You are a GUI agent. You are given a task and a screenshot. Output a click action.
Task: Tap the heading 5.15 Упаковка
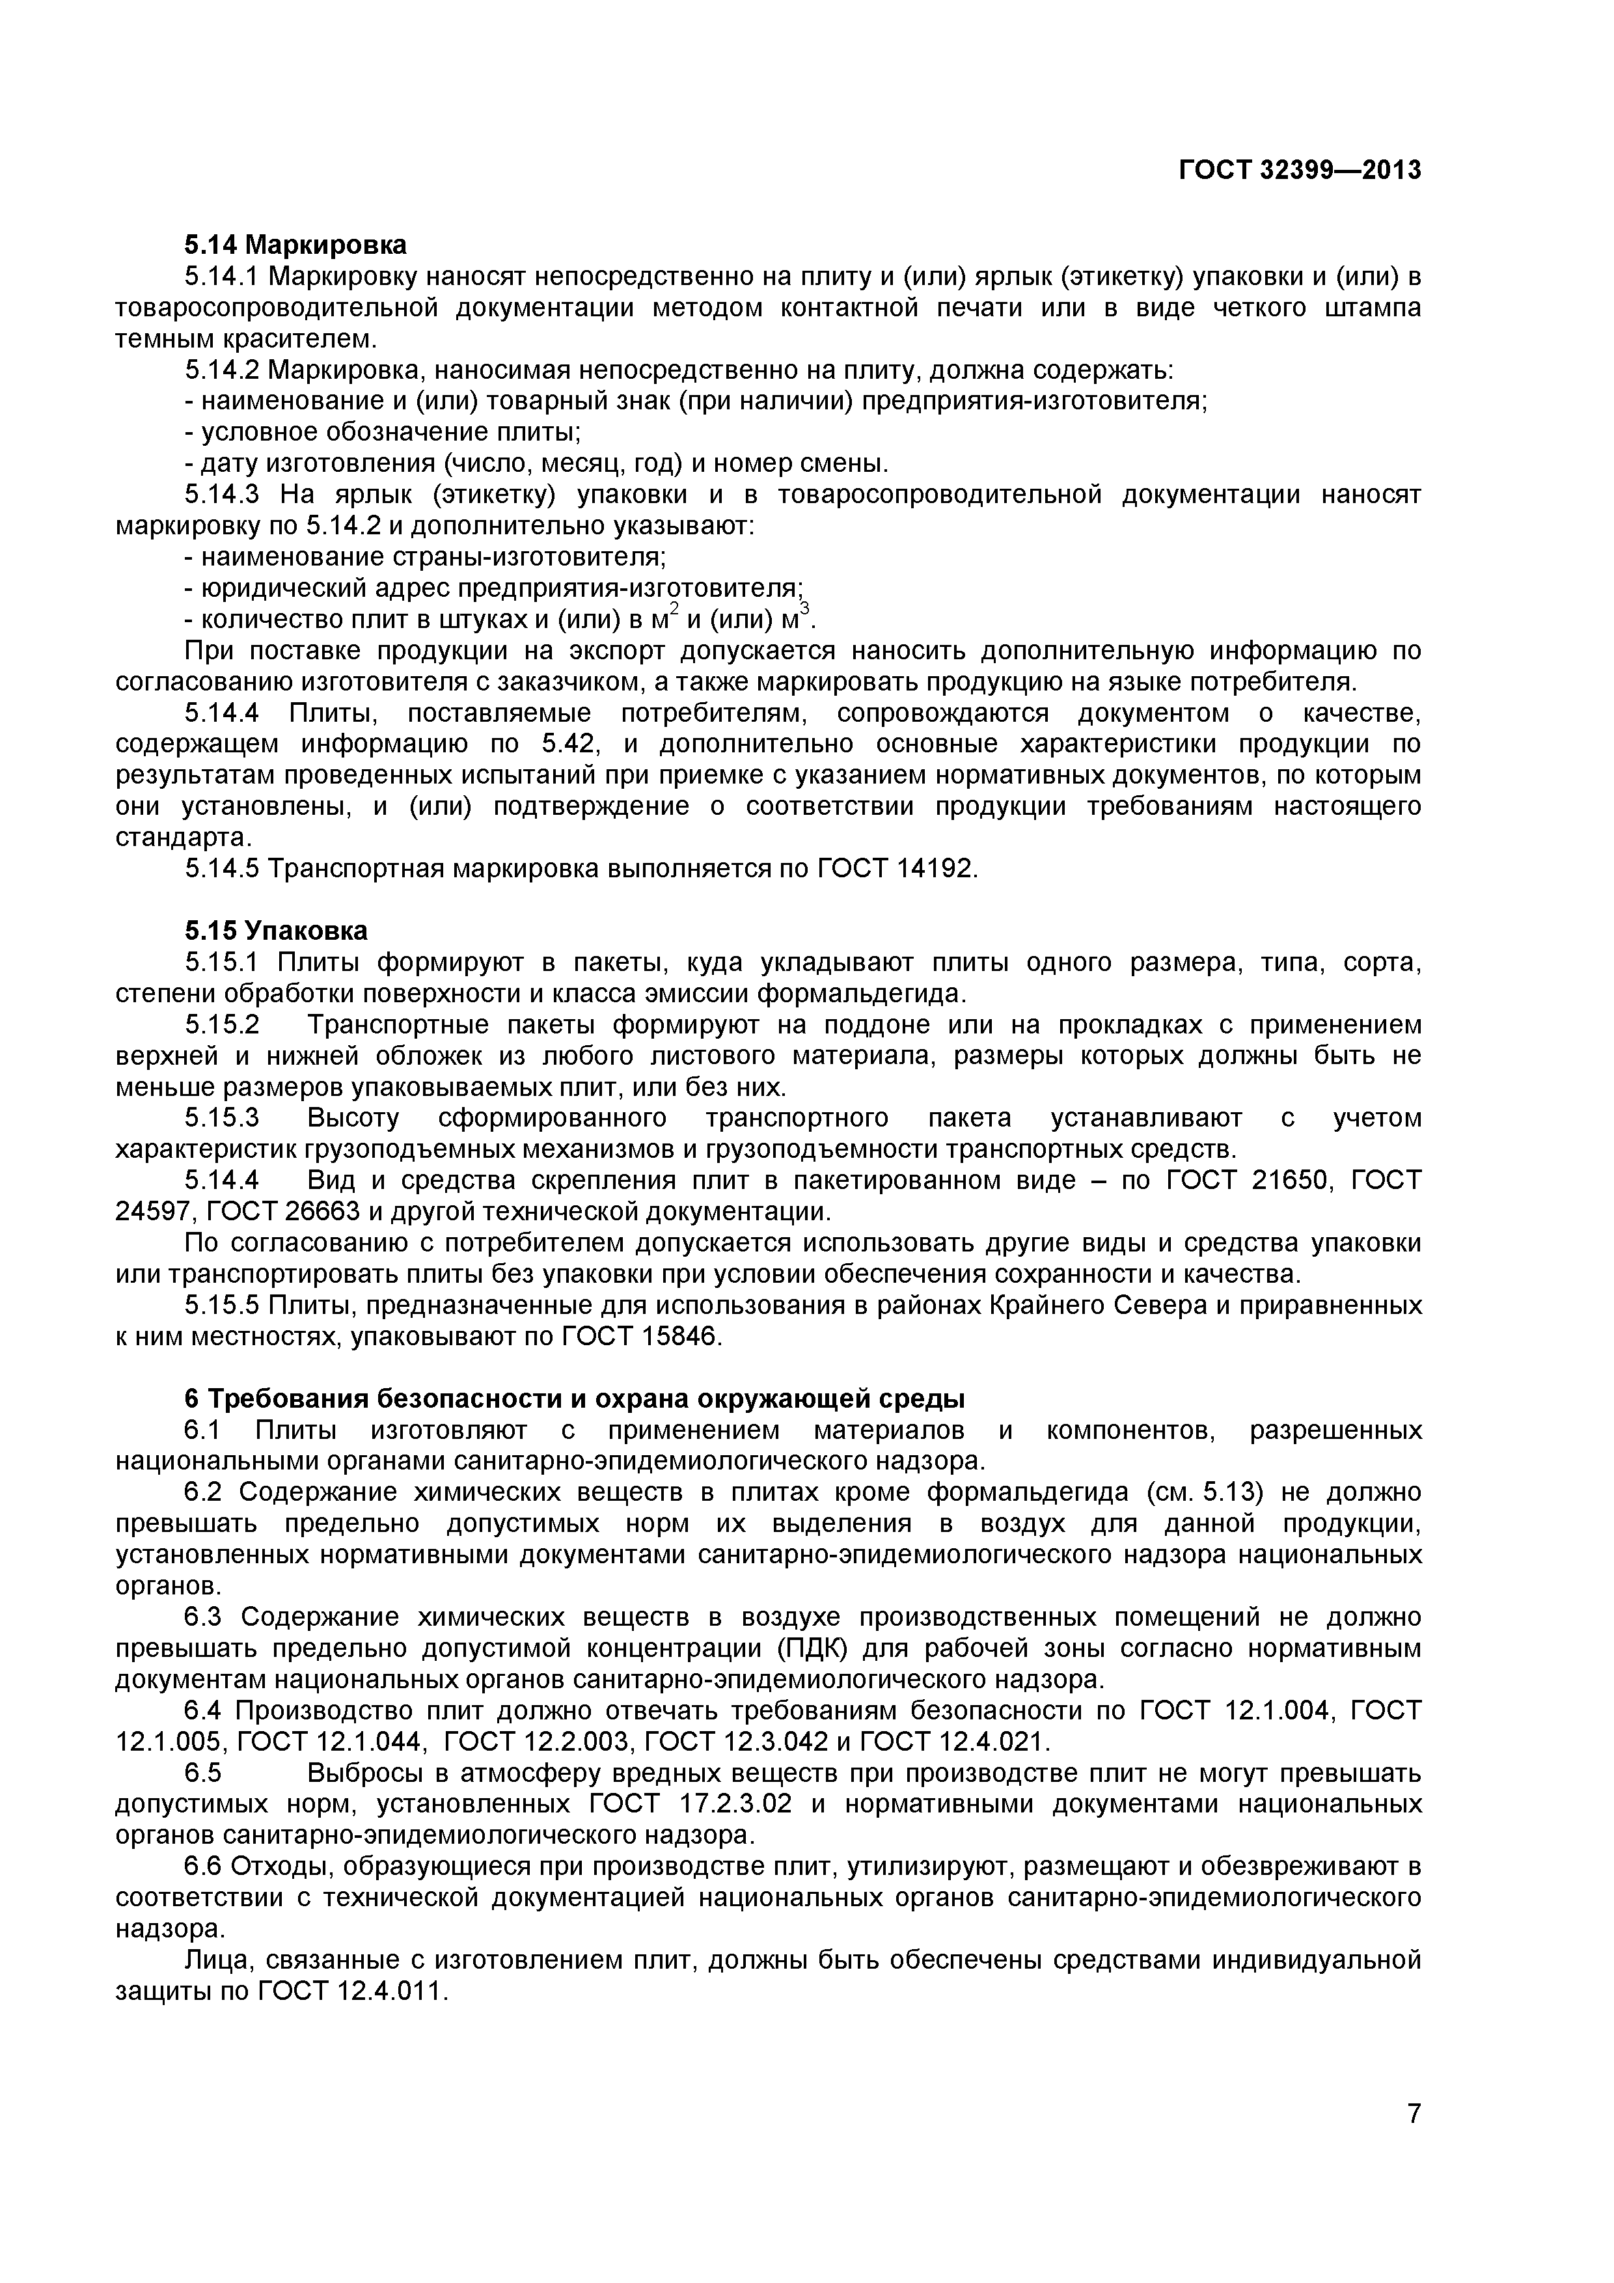point(275,931)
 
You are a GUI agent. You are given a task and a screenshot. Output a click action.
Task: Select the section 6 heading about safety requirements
point(574,1399)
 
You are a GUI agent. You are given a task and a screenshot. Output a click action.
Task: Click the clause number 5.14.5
point(222,869)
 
